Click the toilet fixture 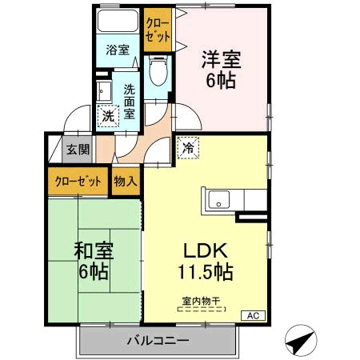(x=157, y=73)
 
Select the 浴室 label (x=118, y=50)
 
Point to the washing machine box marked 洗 (x=107, y=114)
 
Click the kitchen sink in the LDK (x=216, y=199)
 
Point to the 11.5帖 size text (x=206, y=272)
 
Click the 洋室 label (x=220, y=59)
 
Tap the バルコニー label (x=158, y=341)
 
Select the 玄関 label (x=78, y=149)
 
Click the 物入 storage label (x=125, y=181)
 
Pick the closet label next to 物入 (x=78, y=181)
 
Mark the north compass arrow (x=298, y=342)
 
